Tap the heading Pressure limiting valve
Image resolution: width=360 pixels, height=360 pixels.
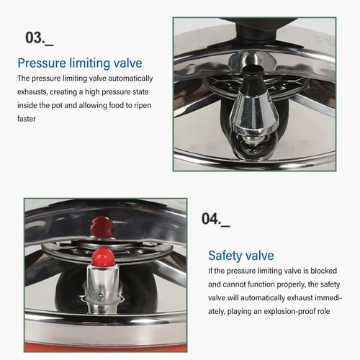(80, 63)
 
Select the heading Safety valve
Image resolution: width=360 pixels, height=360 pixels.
(241, 256)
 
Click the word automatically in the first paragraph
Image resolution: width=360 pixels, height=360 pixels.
(130, 78)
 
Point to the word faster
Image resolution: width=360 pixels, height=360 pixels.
(27, 119)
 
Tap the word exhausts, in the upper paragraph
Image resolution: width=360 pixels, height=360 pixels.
(32, 92)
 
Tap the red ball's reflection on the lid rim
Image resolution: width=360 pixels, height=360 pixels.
(101, 227)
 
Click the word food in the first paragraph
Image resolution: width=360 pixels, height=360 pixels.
(117, 105)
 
